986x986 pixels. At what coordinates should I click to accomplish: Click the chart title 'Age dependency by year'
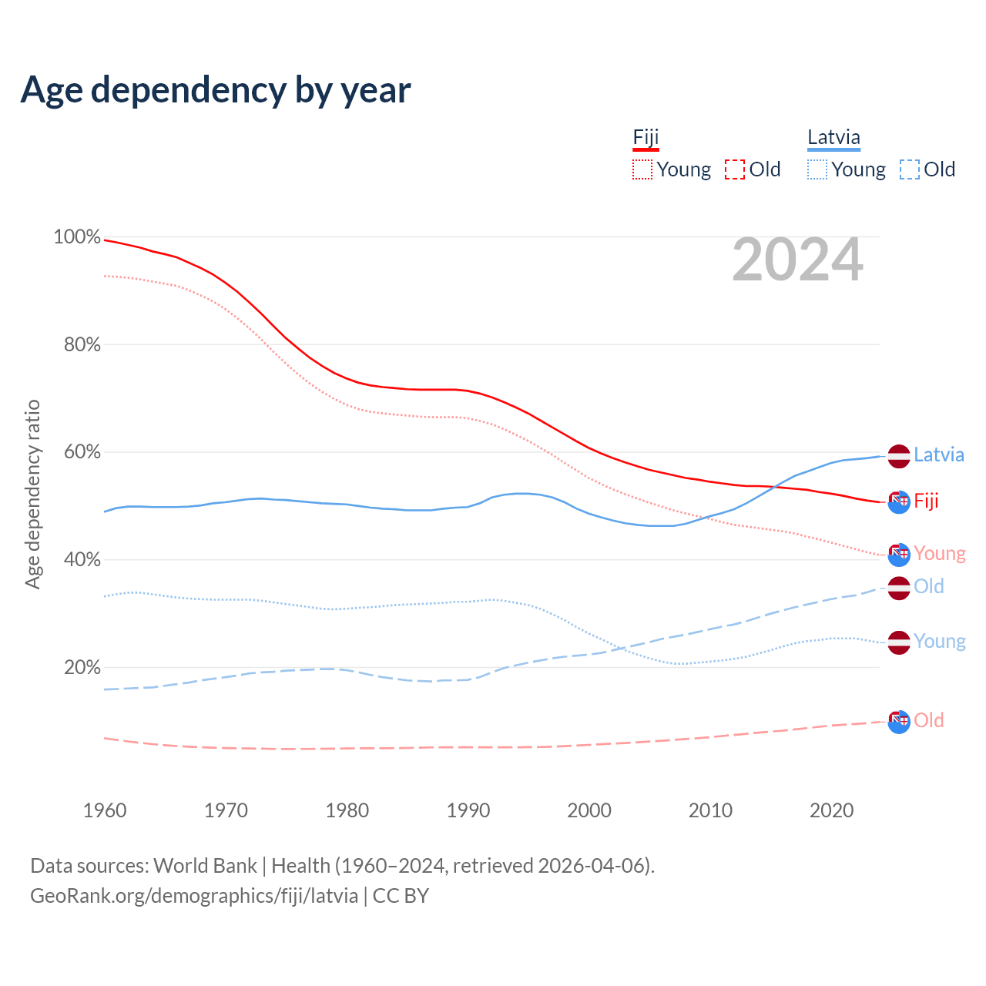[216, 89]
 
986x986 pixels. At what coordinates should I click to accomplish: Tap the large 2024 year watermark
[797, 260]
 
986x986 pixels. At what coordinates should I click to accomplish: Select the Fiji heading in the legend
[646, 137]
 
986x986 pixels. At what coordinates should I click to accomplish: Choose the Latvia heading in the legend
[833, 137]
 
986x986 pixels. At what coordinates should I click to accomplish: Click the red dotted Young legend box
[642, 169]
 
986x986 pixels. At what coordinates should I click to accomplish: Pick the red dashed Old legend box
[735, 169]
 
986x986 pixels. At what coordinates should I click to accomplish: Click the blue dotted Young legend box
[817, 169]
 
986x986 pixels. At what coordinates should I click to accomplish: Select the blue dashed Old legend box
[910, 169]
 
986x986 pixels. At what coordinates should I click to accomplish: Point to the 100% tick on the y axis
[77, 237]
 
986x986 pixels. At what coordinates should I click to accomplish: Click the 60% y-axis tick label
[82, 452]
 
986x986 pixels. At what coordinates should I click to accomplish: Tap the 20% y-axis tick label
[82, 667]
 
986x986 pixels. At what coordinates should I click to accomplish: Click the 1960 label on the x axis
[105, 810]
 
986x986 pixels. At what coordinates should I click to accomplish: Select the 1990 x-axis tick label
[468, 810]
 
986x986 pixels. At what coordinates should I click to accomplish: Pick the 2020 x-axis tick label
[832, 810]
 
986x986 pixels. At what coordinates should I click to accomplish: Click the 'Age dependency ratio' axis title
[32, 494]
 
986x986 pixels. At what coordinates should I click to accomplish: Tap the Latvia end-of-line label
[939, 454]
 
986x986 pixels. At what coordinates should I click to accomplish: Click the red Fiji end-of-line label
[926, 501]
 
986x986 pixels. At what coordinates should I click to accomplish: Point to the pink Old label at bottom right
[928, 720]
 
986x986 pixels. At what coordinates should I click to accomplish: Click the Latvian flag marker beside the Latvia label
[899, 456]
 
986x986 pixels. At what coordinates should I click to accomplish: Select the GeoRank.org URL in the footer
[194, 896]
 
